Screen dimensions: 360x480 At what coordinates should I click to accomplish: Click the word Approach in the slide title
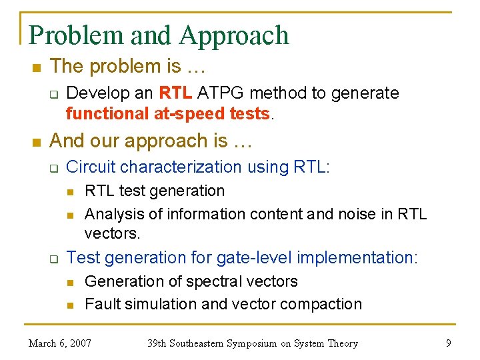pyautogui.click(x=234, y=35)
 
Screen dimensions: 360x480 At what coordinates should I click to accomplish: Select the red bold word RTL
pyautogui.click(x=174, y=93)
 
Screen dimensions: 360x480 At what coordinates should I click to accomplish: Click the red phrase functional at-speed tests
pyautogui.click(x=169, y=113)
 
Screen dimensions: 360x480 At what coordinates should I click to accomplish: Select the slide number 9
pyautogui.click(x=447, y=343)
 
